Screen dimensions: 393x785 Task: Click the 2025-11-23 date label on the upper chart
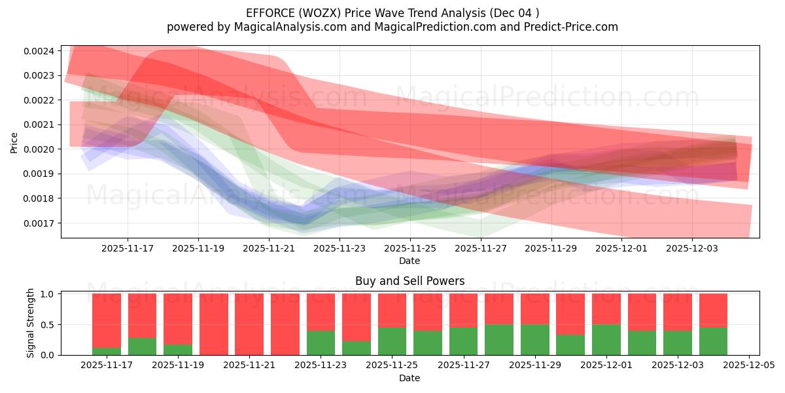[340, 249]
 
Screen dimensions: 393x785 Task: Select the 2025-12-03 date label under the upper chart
[692, 249]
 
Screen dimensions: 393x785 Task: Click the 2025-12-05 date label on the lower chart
[748, 365]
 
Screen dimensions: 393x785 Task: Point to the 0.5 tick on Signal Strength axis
[50, 325]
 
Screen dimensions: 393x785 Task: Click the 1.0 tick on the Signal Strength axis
[50, 294]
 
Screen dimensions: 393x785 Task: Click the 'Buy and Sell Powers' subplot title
[410, 281]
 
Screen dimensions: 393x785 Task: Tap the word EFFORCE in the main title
[269, 13]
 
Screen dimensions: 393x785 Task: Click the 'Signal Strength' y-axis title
[31, 324]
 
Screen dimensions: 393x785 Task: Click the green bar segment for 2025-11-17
[107, 351]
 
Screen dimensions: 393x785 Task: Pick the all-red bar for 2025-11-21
[249, 324]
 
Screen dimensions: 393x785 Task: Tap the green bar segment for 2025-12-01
[606, 339]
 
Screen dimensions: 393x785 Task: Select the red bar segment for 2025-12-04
[713, 310]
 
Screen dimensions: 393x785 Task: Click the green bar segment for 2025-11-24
[357, 348]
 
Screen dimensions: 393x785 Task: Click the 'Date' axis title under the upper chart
[410, 261]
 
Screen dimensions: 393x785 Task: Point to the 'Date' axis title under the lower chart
[410, 378]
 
